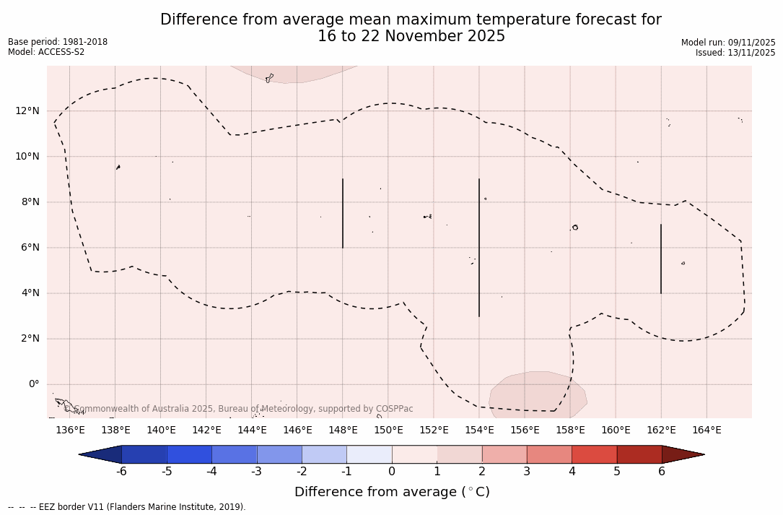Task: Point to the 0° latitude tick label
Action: tap(33, 384)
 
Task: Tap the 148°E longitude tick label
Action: tap(343, 430)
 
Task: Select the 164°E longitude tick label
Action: tap(707, 430)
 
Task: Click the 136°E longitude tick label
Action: tap(70, 430)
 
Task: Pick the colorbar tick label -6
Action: tap(122, 472)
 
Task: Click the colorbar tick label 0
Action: tap(392, 472)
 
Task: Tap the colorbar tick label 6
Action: tap(662, 472)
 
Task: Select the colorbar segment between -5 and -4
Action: tap(190, 454)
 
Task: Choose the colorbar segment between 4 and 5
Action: tap(595, 454)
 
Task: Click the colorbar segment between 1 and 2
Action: tap(460, 454)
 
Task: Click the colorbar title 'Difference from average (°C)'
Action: tap(392, 492)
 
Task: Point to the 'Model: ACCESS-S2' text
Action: tap(46, 52)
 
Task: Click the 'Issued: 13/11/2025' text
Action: tap(735, 53)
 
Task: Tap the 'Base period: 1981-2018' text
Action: tap(58, 42)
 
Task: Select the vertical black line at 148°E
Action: tap(343, 213)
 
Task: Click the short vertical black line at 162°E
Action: tap(661, 259)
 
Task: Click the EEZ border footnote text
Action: tap(127, 507)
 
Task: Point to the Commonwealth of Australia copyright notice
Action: tap(239, 409)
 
